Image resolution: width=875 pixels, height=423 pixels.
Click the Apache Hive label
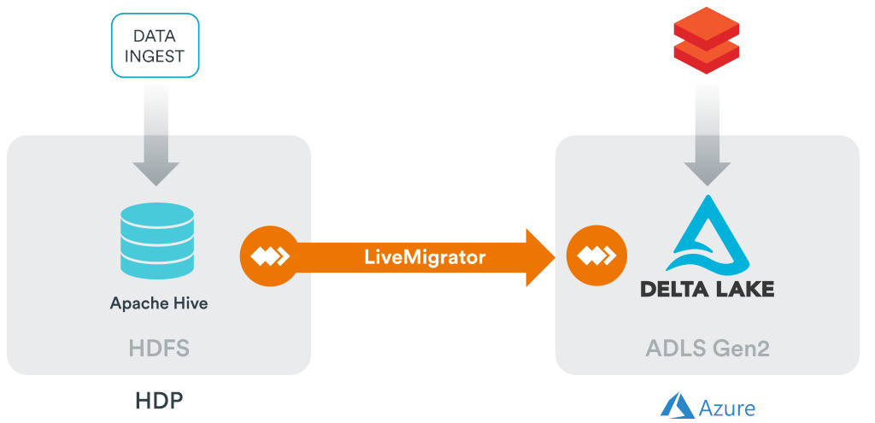coord(158,303)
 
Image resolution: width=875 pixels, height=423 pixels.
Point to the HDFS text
coord(158,349)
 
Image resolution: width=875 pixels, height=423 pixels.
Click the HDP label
coord(158,401)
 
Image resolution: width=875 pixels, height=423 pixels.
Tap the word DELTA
coord(674,288)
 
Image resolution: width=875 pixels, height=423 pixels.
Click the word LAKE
coord(743,288)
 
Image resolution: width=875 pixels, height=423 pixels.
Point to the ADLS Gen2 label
coord(707,349)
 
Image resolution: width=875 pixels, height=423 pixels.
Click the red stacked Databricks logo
coord(705,38)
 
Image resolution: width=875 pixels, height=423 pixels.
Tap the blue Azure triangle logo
coord(678,405)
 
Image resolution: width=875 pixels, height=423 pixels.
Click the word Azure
coord(727,408)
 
